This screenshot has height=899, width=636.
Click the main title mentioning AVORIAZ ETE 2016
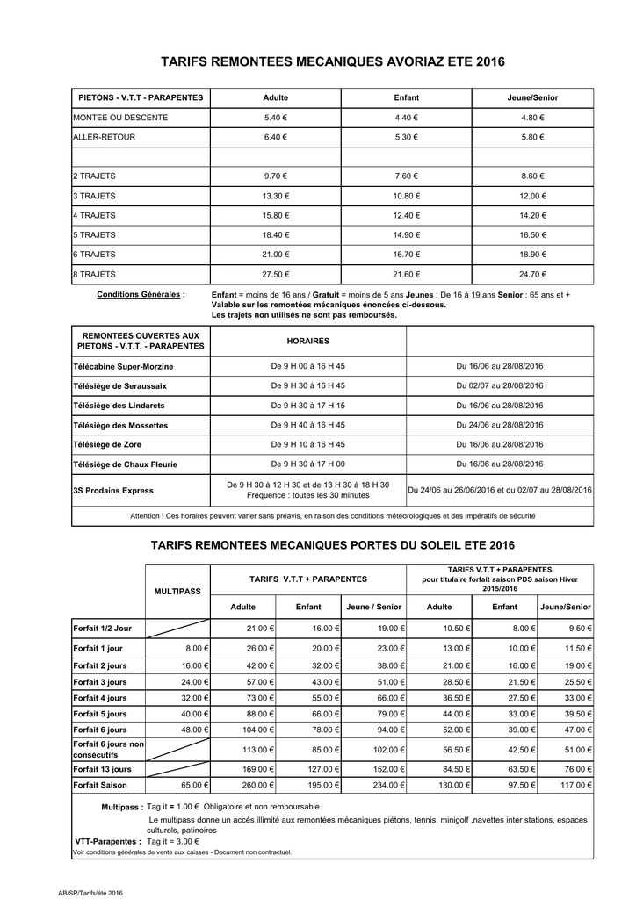pyautogui.click(x=333, y=62)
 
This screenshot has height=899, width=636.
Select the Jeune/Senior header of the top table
pyautogui.click(x=532, y=97)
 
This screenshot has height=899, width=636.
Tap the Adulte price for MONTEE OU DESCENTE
pyautogui.click(x=275, y=118)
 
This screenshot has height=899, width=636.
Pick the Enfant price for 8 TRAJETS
pyautogui.click(x=406, y=274)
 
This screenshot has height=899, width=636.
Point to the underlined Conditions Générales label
pyautogui.click(x=141, y=294)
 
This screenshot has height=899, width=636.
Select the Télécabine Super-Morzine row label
pyautogui.click(x=123, y=366)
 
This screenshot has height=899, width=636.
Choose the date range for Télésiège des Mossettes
pyautogui.click(x=499, y=425)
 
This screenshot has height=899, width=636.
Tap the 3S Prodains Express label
pyautogui.click(x=113, y=490)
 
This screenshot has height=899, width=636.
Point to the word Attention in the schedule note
pyautogui.click(x=148, y=516)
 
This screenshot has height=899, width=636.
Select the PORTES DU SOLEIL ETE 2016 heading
pyautogui.click(x=333, y=546)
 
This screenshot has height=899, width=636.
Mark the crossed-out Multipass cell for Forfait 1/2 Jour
pyautogui.click(x=177, y=629)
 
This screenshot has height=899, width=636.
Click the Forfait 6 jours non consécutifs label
pyautogui.click(x=108, y=749)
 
